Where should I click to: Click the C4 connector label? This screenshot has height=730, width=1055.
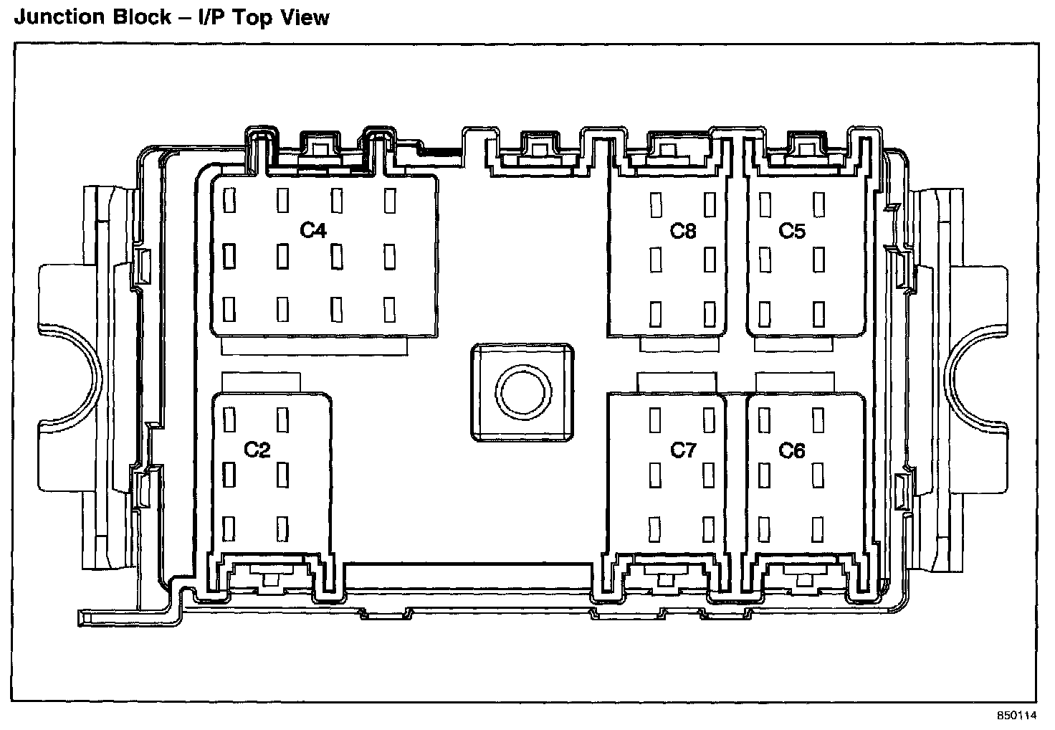pos(313,230)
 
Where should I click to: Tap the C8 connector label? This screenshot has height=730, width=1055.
pos(683,230)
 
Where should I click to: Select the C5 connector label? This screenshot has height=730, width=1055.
pos(792,230)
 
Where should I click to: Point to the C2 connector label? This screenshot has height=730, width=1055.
pos(257,450)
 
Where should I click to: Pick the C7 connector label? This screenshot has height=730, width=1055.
pos(683,450)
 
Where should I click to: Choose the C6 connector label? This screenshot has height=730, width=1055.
pos(792,450)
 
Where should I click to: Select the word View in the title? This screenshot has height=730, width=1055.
pos(306,16)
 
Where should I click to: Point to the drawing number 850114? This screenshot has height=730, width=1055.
pos(1016,716)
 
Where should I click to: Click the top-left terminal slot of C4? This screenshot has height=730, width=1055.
pos(229,201)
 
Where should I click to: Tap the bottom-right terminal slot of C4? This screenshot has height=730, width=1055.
pos(390,310)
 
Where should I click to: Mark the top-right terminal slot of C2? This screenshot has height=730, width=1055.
pos(282,419)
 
